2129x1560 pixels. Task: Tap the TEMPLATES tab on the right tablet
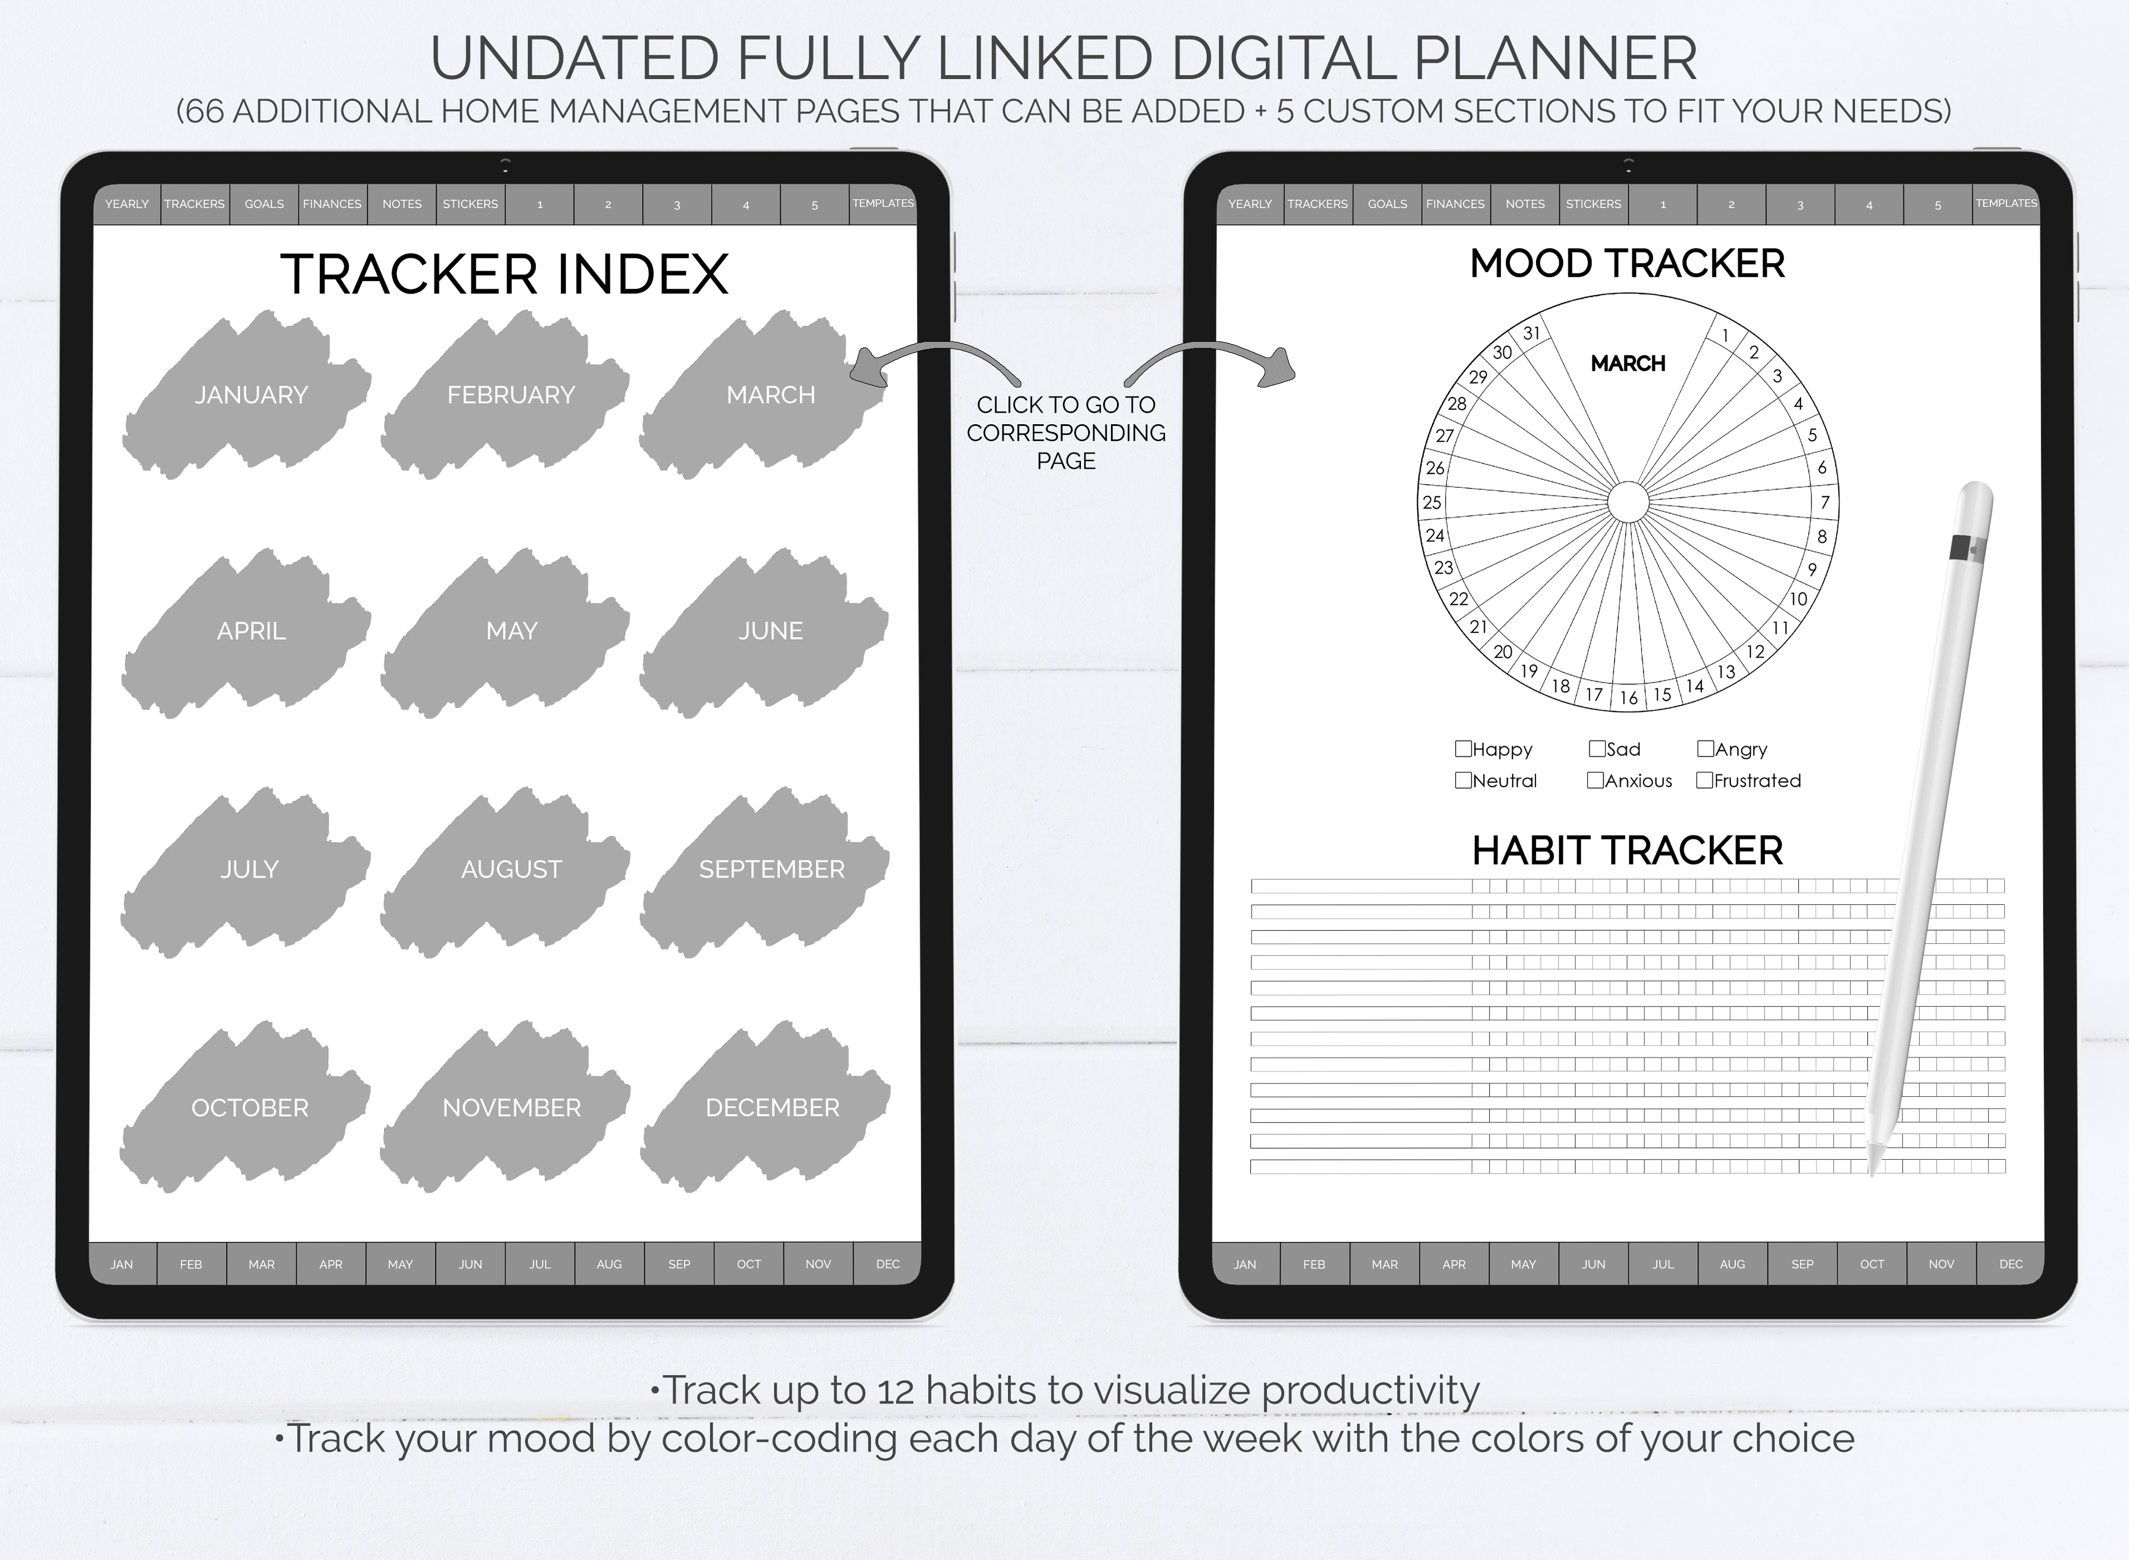coord(2006,204)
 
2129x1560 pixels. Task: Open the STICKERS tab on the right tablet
coord(1593,204)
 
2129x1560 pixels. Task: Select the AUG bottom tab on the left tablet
coord(609,1263)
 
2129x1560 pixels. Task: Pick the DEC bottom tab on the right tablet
coord(2011,1263)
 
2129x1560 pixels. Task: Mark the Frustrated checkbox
coord(1705,780)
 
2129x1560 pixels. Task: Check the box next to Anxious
coord(1595,780)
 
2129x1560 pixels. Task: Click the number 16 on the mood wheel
coord(1628,698)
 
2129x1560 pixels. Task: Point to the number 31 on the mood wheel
coord(1531,332)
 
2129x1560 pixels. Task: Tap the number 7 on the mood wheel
coord(1825,502)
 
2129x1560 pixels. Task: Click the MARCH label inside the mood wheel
coord(1627,364)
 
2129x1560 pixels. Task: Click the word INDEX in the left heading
coord(642,275)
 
